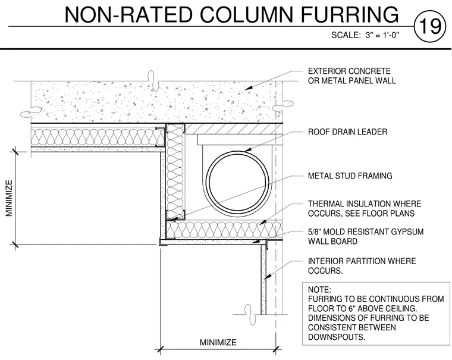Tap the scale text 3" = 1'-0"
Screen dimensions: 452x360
(x=382, y=35)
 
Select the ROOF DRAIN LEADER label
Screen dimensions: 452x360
(x=347, y=132)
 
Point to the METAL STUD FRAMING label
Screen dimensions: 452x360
(x=350, y=176)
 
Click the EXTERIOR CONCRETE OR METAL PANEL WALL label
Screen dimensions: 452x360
(x=351, y=76)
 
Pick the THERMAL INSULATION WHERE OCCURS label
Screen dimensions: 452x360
(x=365, y=208)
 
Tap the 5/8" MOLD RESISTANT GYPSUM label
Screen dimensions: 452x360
(x=366, y=231)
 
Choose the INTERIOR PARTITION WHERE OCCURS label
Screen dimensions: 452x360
(x=362, y=265)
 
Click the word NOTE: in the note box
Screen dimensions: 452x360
(x=319, y=290)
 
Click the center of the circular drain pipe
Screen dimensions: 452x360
(x=237, y=181)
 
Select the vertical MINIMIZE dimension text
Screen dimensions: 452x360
(x=10, y=198)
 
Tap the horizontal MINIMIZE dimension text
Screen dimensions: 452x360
(x=218, y=342)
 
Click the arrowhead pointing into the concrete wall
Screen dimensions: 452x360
(x=249, y=87)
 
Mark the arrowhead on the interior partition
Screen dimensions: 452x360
(x=268, y=276)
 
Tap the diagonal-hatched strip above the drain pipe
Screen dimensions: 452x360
(x=233, y=129)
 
